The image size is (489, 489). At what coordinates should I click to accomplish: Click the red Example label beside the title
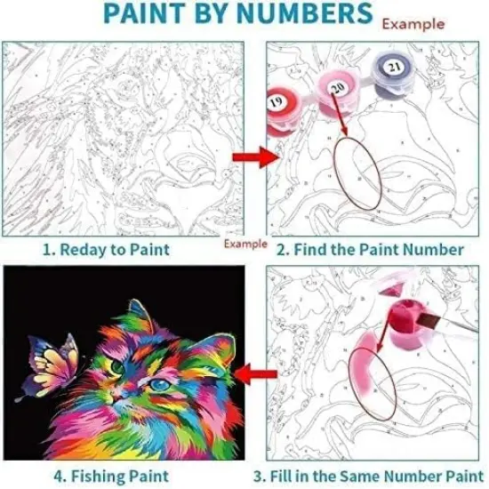click(x=413, y=23)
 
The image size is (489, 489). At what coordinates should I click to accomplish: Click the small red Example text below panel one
click(x=244, y=242)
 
